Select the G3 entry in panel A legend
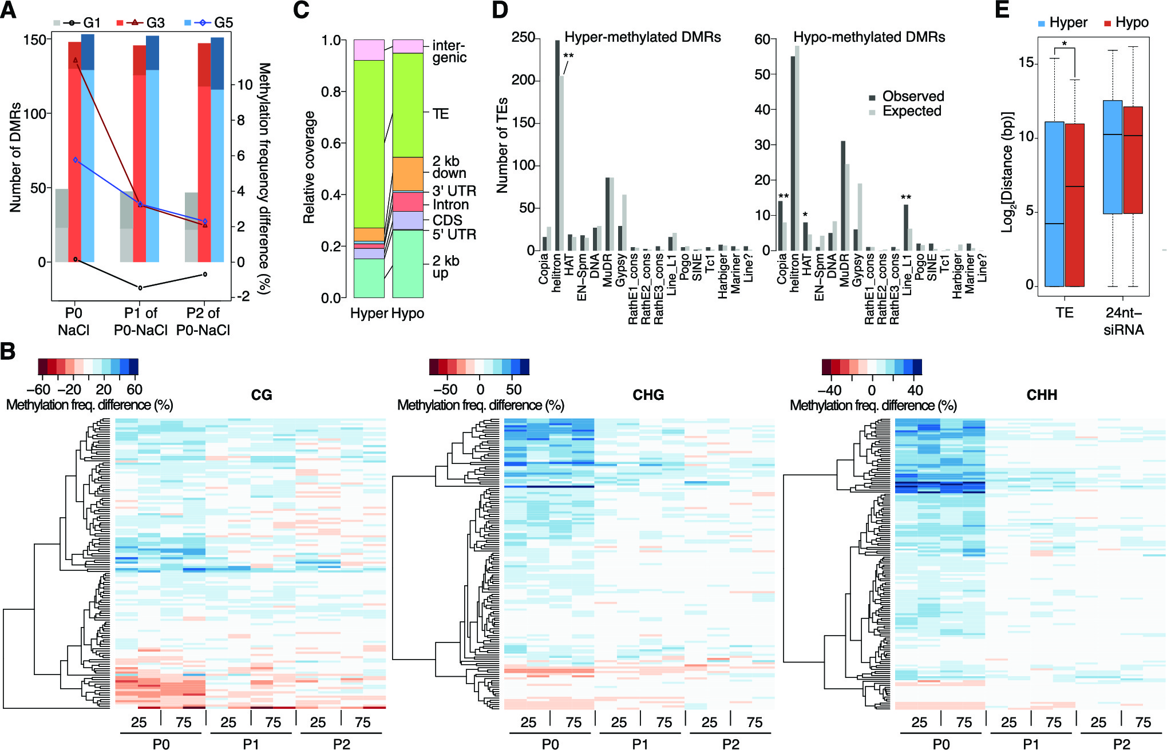[155, 23]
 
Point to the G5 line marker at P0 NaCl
[76, 160]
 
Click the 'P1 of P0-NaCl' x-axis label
[140, 322]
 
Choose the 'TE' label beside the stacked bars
[441, 114]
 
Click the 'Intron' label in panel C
[450, 205]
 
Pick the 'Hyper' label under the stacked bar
[369, 314]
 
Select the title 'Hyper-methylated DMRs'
[642, 37]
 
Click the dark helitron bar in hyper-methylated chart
[557, 145]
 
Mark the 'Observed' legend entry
[913, 96]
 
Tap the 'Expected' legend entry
[912, 111]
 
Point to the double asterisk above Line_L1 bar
[906, 198]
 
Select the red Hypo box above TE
[1075, 205]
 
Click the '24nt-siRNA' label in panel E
[1124, 322]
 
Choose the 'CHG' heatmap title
[648, 395]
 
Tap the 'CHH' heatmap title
[1042, 395]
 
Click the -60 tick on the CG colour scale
[38, 390]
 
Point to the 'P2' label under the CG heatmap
[342, 744]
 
